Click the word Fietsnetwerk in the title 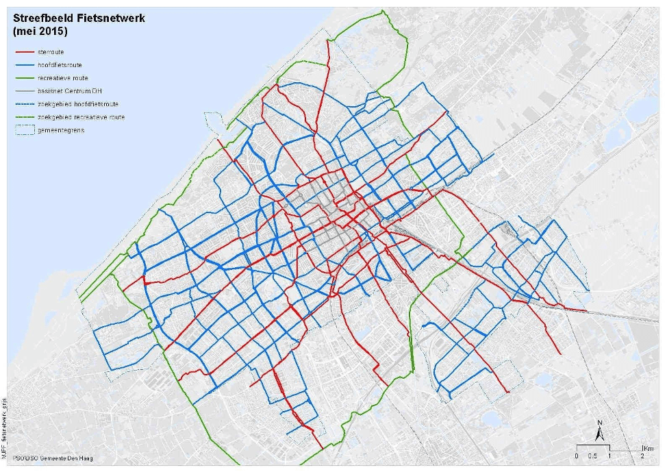pyautogui.click(x=110, y=18)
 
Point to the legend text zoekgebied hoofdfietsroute pyautogui.click(x=88, y=104)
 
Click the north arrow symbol pyautogui.click(x=599, y=434)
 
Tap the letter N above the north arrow pyautogui.click(x=599, y=422)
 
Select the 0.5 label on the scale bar pyautogui.click(x=593, y=456)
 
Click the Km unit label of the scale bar pyautogui.click(x=646, y=447)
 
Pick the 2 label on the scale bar pyautogui.click(x=642, y=456)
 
